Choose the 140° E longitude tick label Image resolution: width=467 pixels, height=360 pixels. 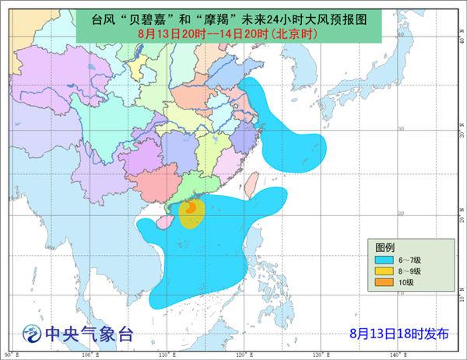coord(398,355)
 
